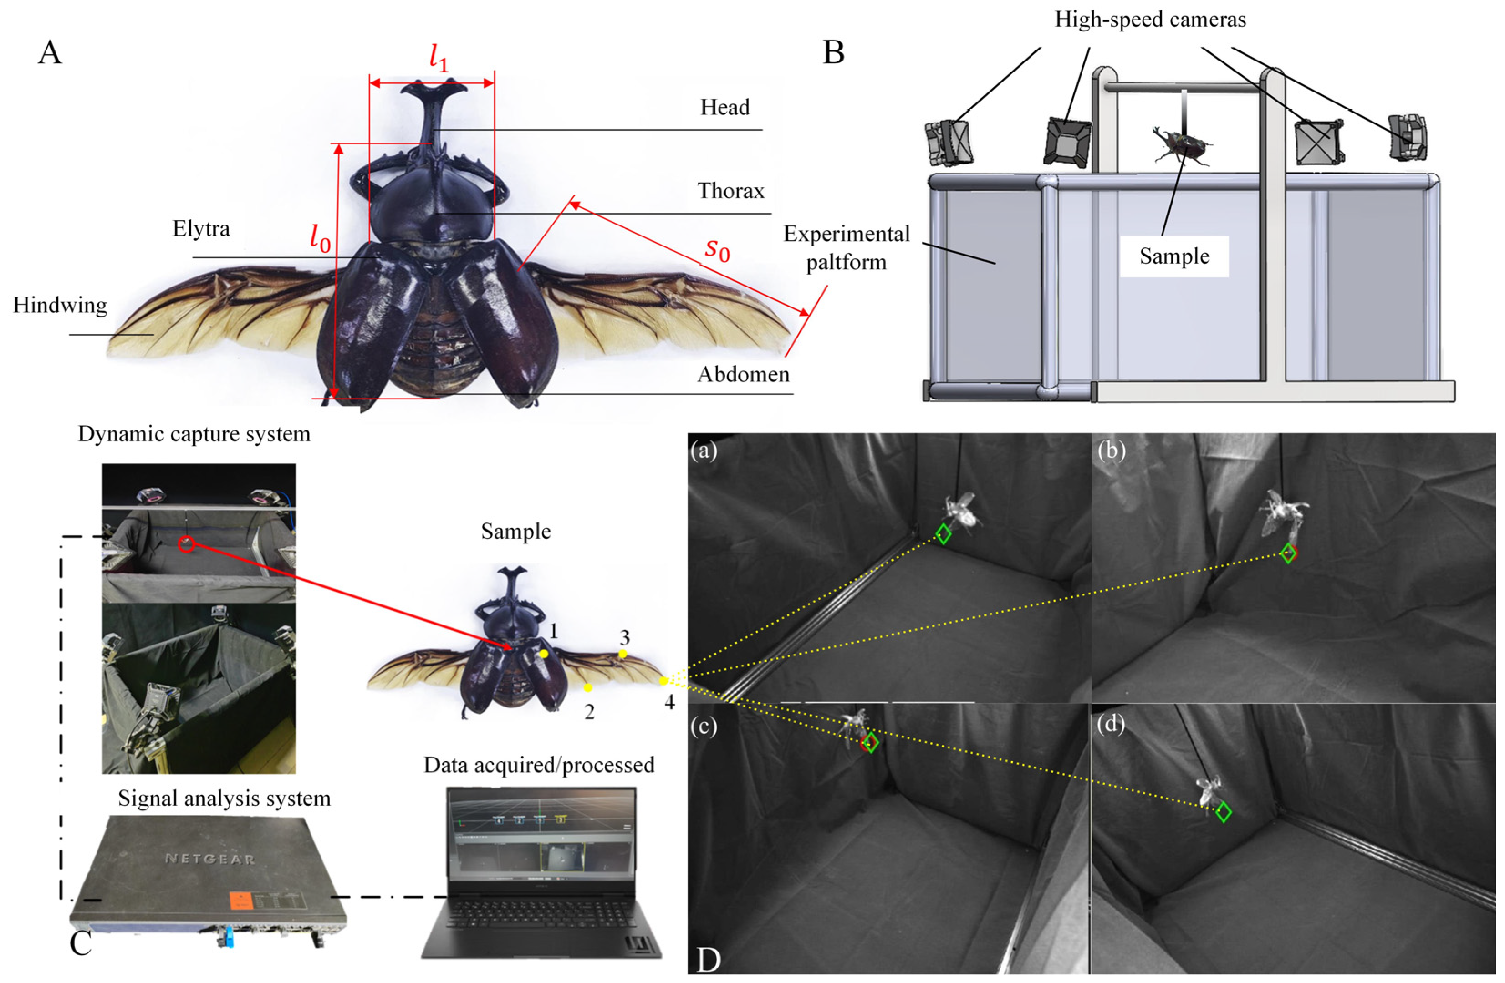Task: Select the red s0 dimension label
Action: (717, 250)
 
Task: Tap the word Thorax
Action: (730, 190)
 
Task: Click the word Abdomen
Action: (743, 374)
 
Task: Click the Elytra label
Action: (201, 228)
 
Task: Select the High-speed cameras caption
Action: (1150, 20)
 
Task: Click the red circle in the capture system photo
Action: (186, 544)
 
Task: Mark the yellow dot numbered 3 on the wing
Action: (623, 654)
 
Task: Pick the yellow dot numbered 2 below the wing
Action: (588, 687)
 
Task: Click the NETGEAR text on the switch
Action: (209, 859)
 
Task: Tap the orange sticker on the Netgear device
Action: (244, 901)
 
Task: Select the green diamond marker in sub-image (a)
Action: (943, 534)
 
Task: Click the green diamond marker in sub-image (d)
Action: (1223, 812)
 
